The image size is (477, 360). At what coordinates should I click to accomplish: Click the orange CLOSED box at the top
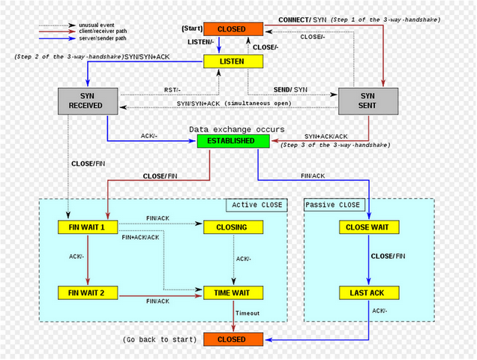point(232,29)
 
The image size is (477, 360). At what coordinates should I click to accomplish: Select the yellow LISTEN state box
point(232,60)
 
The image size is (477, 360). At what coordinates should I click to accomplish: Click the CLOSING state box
point(231,226)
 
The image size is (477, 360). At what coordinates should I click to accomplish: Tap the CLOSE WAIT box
point(367,226)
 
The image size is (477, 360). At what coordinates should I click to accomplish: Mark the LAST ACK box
point(367,292)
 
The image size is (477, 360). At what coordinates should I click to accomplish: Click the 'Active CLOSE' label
point(256,205)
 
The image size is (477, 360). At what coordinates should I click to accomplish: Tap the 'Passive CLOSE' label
point(332,205)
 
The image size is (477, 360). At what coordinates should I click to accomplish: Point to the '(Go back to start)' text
point(160,340)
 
